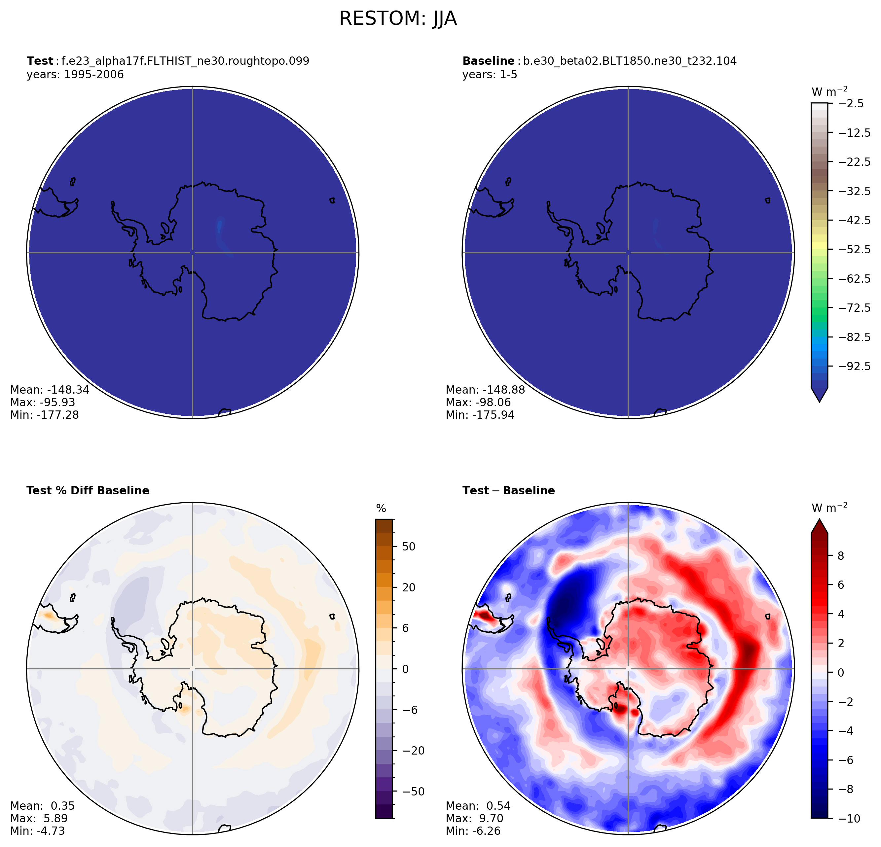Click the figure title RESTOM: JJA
(398, 19)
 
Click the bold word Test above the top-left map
(40, 61)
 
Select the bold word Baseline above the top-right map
(488, 61)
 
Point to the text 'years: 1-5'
(490, 75)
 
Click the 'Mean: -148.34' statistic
(50, 390)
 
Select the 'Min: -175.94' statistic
(480, 415)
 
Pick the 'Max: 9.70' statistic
(474, 818)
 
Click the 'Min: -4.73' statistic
(37, 831)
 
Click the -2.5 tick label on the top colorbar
(851, 103)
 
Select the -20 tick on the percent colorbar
(411, 751)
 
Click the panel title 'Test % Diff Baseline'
(88, 491)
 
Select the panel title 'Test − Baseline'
(508, 491)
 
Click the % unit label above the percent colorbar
(381, 509)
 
